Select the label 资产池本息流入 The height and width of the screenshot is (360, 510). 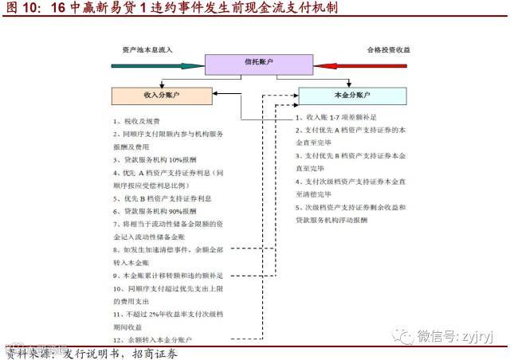pyautogui.click(x=143, y=49)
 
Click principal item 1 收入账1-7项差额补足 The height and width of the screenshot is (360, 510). pyautogui.click(x=335, y=117)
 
